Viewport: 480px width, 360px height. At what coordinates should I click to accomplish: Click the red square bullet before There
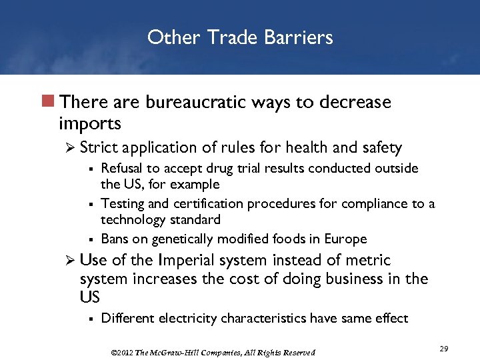(x=49, y=103)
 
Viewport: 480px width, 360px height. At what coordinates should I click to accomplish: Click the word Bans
(x=114, y=239)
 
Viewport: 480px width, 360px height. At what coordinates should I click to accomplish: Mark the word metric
(x=368, y=261)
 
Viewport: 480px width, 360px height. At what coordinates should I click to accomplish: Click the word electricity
(x=182, y=318)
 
